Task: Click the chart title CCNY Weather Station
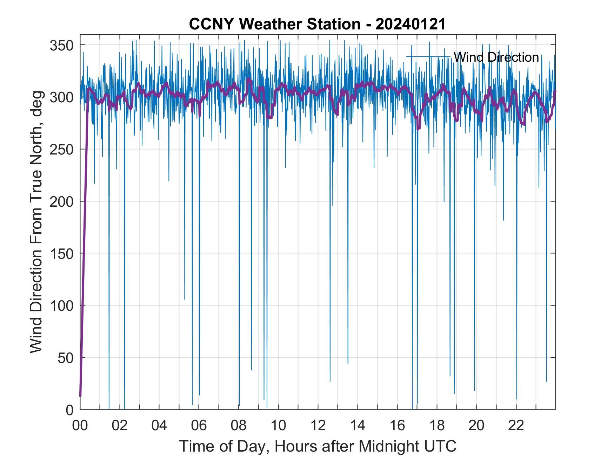click(x=274, y=24)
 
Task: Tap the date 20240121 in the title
click(x=411, y=24)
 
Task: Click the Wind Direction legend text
click(x=496, y=57)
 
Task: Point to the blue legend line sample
click(x=428, y=57)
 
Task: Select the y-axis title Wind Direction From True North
click(x=36, y=221)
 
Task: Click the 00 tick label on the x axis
click(x=80, y=425)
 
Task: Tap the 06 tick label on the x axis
click(x=199, y=425)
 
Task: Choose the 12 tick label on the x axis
click(x=318, y=425)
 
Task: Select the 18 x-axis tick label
click(x=437, y=425)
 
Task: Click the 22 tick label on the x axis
click(x=516, y=425)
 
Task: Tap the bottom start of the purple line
click(x=80, y=396)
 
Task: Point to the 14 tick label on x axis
click(x=358, y=425)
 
